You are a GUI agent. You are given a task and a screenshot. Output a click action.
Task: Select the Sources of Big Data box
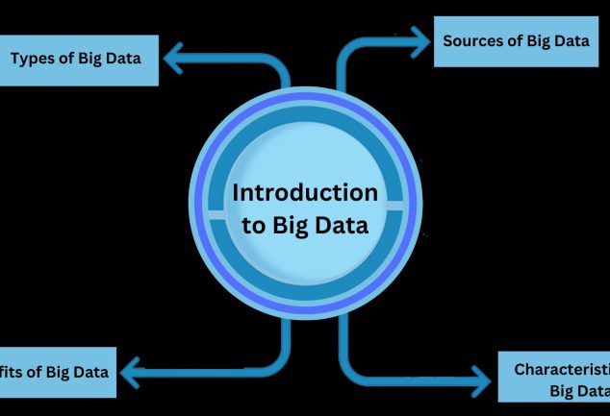click(x=516, y=41)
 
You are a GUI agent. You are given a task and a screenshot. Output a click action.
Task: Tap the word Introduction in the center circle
click(x=305, y=192)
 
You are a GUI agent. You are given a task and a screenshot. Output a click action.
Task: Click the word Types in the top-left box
click(x=31, y=59)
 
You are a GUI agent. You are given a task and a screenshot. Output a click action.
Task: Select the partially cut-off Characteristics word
click(x=562, y=369)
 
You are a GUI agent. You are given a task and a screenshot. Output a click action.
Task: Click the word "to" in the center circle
click(x=244, y=228)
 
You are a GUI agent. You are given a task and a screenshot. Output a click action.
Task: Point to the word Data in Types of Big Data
click(x=121, y=59)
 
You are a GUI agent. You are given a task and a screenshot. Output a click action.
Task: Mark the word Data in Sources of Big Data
click(x=567, y=41)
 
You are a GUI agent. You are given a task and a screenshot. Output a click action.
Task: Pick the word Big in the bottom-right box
click(x=563, y=390)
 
